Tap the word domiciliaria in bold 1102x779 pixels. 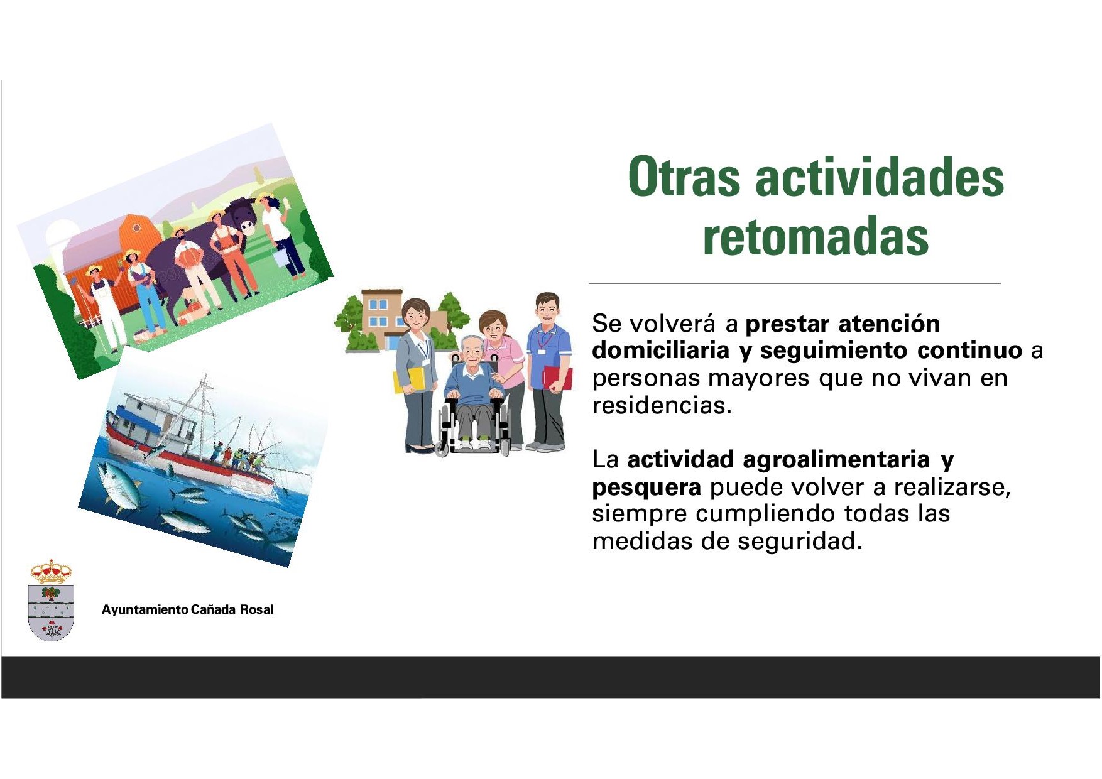click(660, 350)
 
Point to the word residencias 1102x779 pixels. click(662, 405)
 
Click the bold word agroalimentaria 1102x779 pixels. click(836, 459)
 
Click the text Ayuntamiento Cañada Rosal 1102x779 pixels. click(187, 609)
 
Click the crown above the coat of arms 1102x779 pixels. click(51, 571)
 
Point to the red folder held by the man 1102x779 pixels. click(557, 378)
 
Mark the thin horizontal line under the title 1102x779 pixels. click(795, 283)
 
